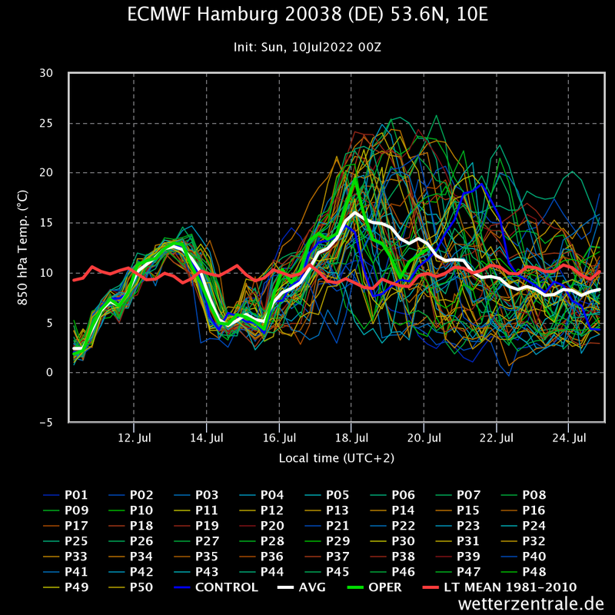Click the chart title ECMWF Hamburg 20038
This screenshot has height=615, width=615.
click(307, 15)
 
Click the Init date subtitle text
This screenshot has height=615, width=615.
click(307, 47)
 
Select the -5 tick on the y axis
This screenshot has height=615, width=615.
click(48, 422)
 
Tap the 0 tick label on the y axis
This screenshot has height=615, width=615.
click(50, 373)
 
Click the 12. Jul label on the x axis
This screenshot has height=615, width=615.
click(134, 438)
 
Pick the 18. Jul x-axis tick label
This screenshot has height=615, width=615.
click(351, 438)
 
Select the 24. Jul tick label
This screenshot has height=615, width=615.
click(569, 438)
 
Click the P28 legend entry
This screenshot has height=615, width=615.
click(273, 541)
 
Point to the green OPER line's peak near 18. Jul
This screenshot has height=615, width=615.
click(355, 179)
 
